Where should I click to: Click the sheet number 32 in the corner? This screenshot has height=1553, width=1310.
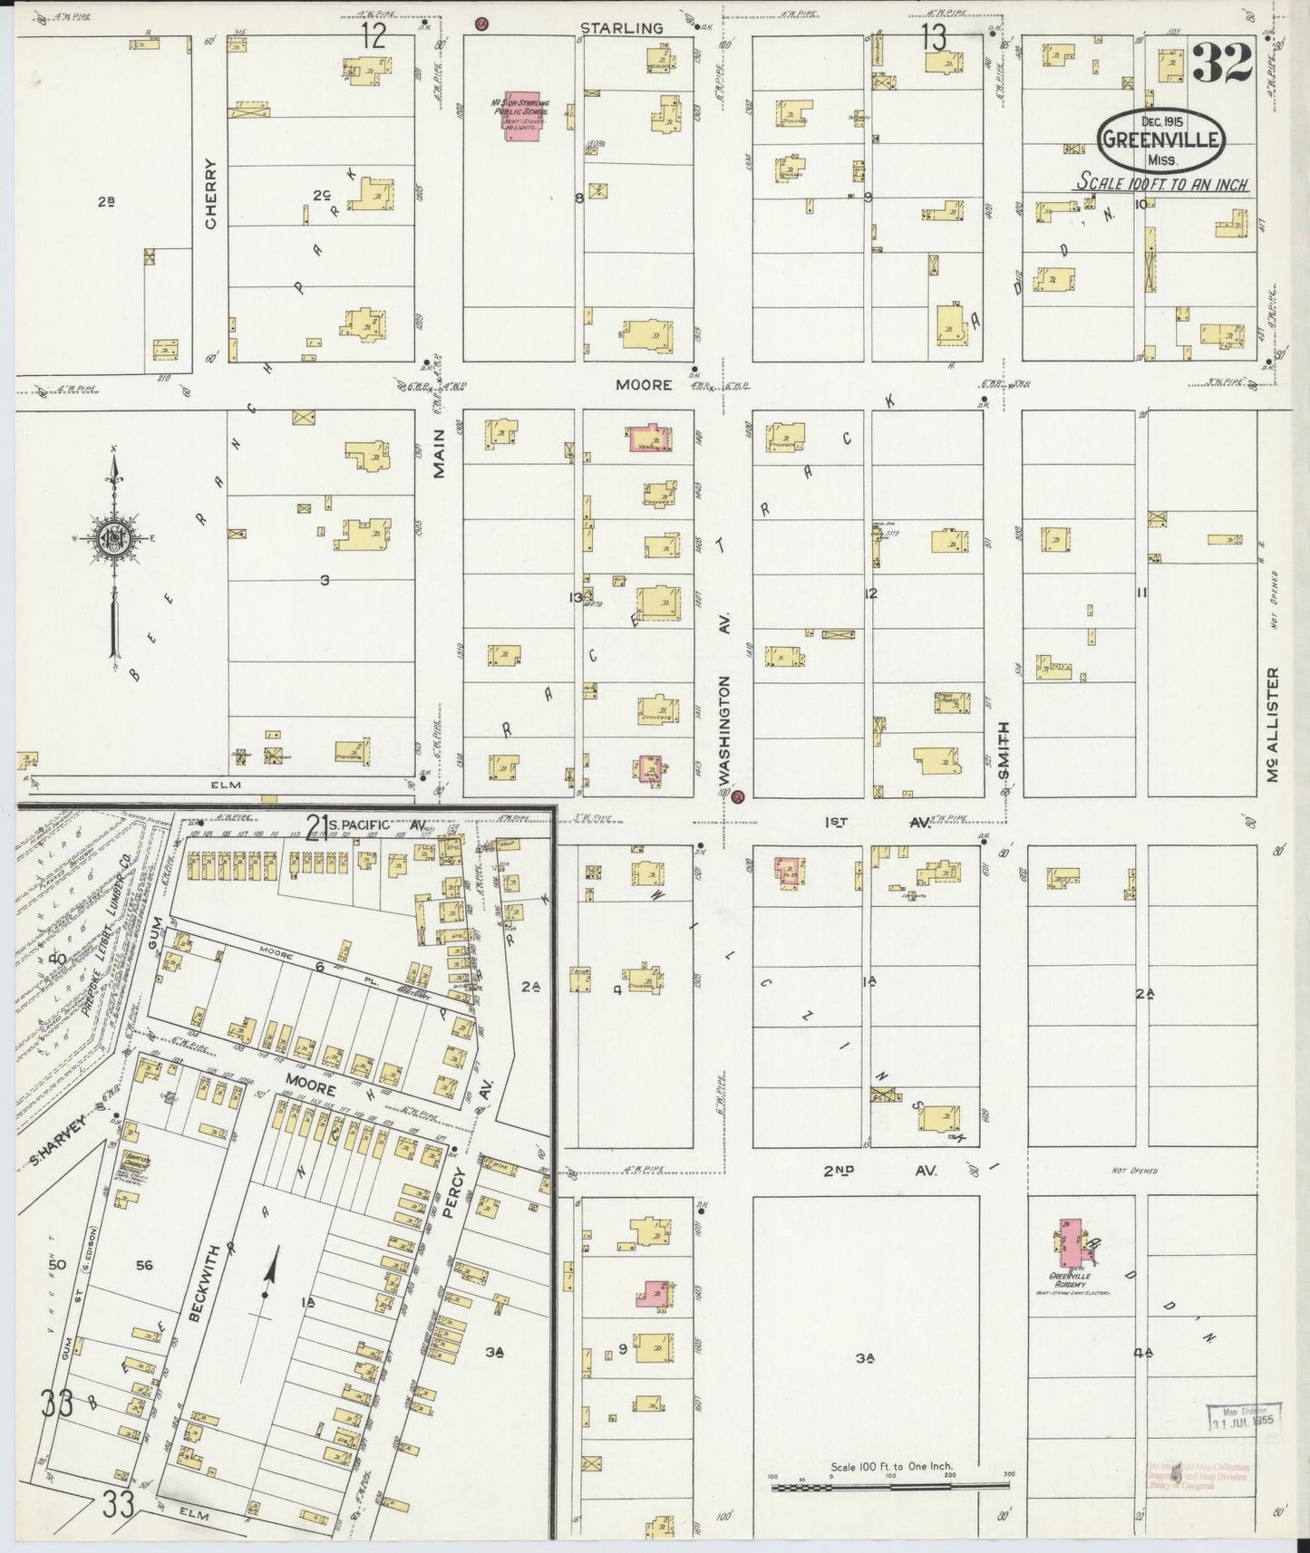(1222, 63)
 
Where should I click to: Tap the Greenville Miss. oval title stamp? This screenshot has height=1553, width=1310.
(1161, 140)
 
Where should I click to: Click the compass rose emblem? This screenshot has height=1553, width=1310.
(115, 536)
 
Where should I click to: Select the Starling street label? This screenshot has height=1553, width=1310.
(621, 28)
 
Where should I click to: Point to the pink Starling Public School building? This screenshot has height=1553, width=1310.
(520, 115)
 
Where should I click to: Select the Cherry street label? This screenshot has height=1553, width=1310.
(210, 194)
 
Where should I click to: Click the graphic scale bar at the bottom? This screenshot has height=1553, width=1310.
(890, 1485)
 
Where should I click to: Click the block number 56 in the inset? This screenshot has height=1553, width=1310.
(143, 1265)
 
